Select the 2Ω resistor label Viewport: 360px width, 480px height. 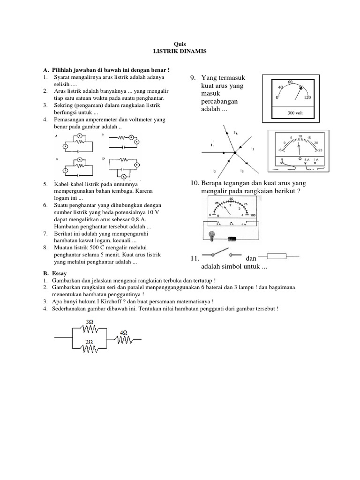tap(89, 342)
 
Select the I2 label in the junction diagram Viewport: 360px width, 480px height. tap(214, 170)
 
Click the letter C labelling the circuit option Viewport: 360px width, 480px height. tap(103, 135)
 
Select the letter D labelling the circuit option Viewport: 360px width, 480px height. tap(103, 159)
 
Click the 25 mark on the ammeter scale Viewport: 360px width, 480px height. tap(321, 150)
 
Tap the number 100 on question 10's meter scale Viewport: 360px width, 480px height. tap(254, 215)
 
